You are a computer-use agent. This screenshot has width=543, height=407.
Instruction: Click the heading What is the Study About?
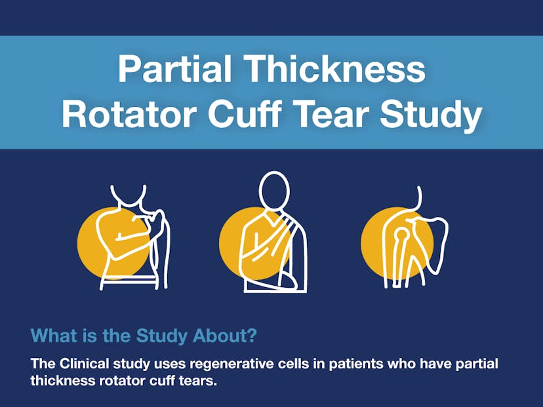(x=144, y=336)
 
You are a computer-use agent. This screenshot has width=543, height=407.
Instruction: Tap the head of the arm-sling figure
(x=274, y=190)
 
